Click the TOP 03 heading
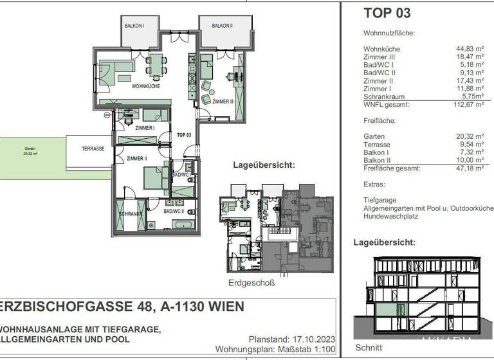point(387,12)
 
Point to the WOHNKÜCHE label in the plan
point(145,85)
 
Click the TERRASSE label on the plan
point(93,148)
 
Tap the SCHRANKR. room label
point(129,213)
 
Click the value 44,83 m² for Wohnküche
point(469,49)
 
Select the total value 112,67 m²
point(468,104)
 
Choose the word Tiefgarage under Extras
point(380,199)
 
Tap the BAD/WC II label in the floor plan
point(174,211)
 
